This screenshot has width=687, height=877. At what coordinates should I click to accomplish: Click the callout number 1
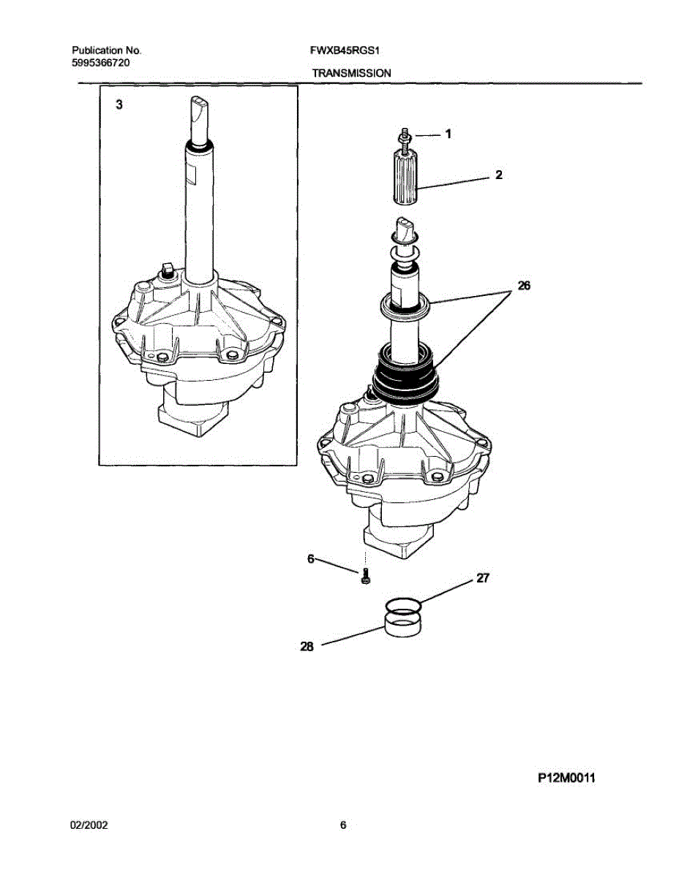tap(448, 134)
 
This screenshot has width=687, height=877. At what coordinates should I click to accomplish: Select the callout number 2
tap(499, 175)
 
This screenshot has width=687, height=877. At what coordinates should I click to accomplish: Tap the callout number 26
tap(523, 286)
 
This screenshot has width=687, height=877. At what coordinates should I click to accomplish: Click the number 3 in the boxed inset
tap(119, 105)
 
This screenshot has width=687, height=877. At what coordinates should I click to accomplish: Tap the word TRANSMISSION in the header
tap(351, 73)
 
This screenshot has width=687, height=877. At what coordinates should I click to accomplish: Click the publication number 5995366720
tap(102, 63)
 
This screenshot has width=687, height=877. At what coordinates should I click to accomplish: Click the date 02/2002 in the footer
tap(89, 825)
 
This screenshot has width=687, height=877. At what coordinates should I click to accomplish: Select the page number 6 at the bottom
tap(342, 826)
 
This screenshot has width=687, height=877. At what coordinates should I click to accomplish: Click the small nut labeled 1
tap(402, 135)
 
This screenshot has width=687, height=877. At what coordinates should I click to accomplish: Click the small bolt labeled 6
tap(365, 577)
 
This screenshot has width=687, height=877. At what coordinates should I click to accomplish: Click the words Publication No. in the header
tap(106, 51)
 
